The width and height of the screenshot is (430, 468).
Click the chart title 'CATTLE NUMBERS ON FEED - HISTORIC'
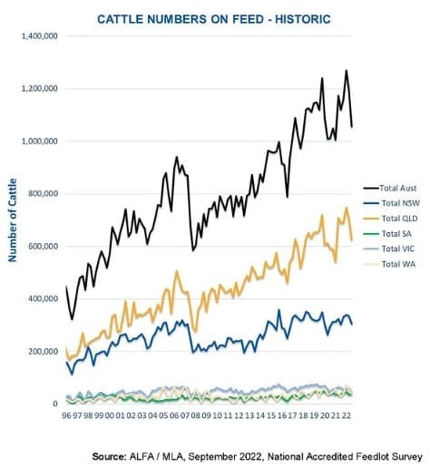[214, 19]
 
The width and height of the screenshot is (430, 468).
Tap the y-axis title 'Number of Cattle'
[13, 219]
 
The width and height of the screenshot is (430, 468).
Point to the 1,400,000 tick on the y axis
[39, 36]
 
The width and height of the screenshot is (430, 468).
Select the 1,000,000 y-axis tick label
[39, 141]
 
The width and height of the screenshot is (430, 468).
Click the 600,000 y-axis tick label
[43, 246]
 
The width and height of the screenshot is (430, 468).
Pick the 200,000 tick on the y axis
[43, 351]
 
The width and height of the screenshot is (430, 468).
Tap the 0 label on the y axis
[55, 404]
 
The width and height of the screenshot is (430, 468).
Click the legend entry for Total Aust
[390, 188]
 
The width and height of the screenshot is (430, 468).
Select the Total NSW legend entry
[392, 203]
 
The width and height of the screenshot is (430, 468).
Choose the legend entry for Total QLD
[391, 219]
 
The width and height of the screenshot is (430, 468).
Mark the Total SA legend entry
[387, 234]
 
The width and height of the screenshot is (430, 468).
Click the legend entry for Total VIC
[389, 249]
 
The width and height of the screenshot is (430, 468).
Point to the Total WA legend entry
[389, 264]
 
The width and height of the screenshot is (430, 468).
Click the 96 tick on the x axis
[66, 415]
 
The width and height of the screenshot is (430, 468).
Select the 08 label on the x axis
[196, 415]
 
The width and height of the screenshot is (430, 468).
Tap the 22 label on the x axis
[347, 415]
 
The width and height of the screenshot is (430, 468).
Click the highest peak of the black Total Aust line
[347, 71]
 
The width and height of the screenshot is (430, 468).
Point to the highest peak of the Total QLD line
[347, 208]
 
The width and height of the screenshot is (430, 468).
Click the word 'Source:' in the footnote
[109, 456]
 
